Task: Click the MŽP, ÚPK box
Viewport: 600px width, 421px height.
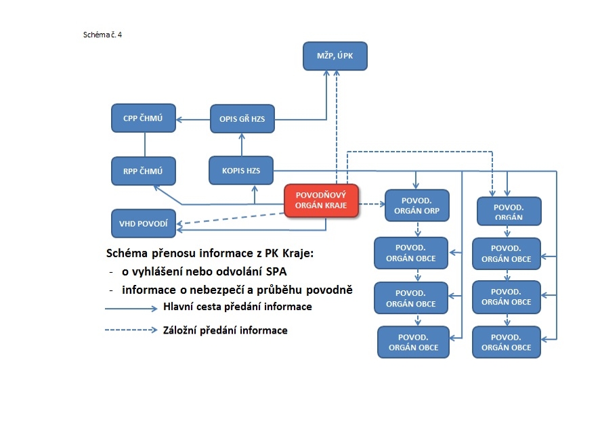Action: pos(335,56)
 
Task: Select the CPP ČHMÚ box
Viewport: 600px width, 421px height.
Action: pos(144,118)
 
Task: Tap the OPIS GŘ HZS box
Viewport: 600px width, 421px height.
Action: pos(242,119)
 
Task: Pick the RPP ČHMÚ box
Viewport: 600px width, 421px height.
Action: pos(144,171)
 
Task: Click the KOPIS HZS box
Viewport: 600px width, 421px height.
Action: pos(241,171)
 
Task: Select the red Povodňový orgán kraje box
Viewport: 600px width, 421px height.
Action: pos(321,200)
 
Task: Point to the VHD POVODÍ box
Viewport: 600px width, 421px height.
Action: pos(144,223)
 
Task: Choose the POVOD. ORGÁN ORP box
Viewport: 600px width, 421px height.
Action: pos(416,205)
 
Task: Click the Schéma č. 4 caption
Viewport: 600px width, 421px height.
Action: pos(102,35)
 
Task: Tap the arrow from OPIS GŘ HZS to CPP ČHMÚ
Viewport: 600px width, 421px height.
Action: pos(193,120)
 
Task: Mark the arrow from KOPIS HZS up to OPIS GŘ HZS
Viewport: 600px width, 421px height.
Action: pos(242,145)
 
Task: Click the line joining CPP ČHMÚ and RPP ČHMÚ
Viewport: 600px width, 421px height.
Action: pos(145,145)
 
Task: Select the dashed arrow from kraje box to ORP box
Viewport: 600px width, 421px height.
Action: pos(372,204)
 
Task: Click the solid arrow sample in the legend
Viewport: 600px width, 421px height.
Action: pos(131,308)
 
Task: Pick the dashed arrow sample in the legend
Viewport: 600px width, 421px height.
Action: pos(131,330)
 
